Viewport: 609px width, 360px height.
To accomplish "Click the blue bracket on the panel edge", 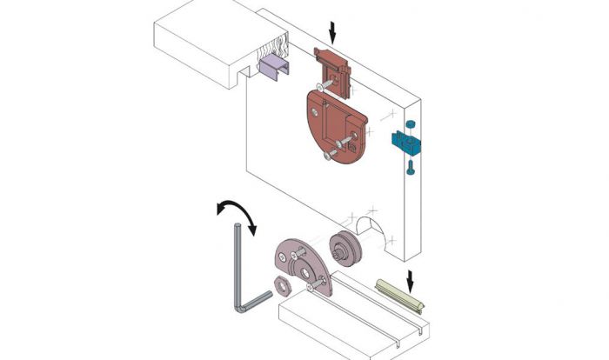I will coord(406,142).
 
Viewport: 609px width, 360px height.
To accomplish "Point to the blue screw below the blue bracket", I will coord(410,170).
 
